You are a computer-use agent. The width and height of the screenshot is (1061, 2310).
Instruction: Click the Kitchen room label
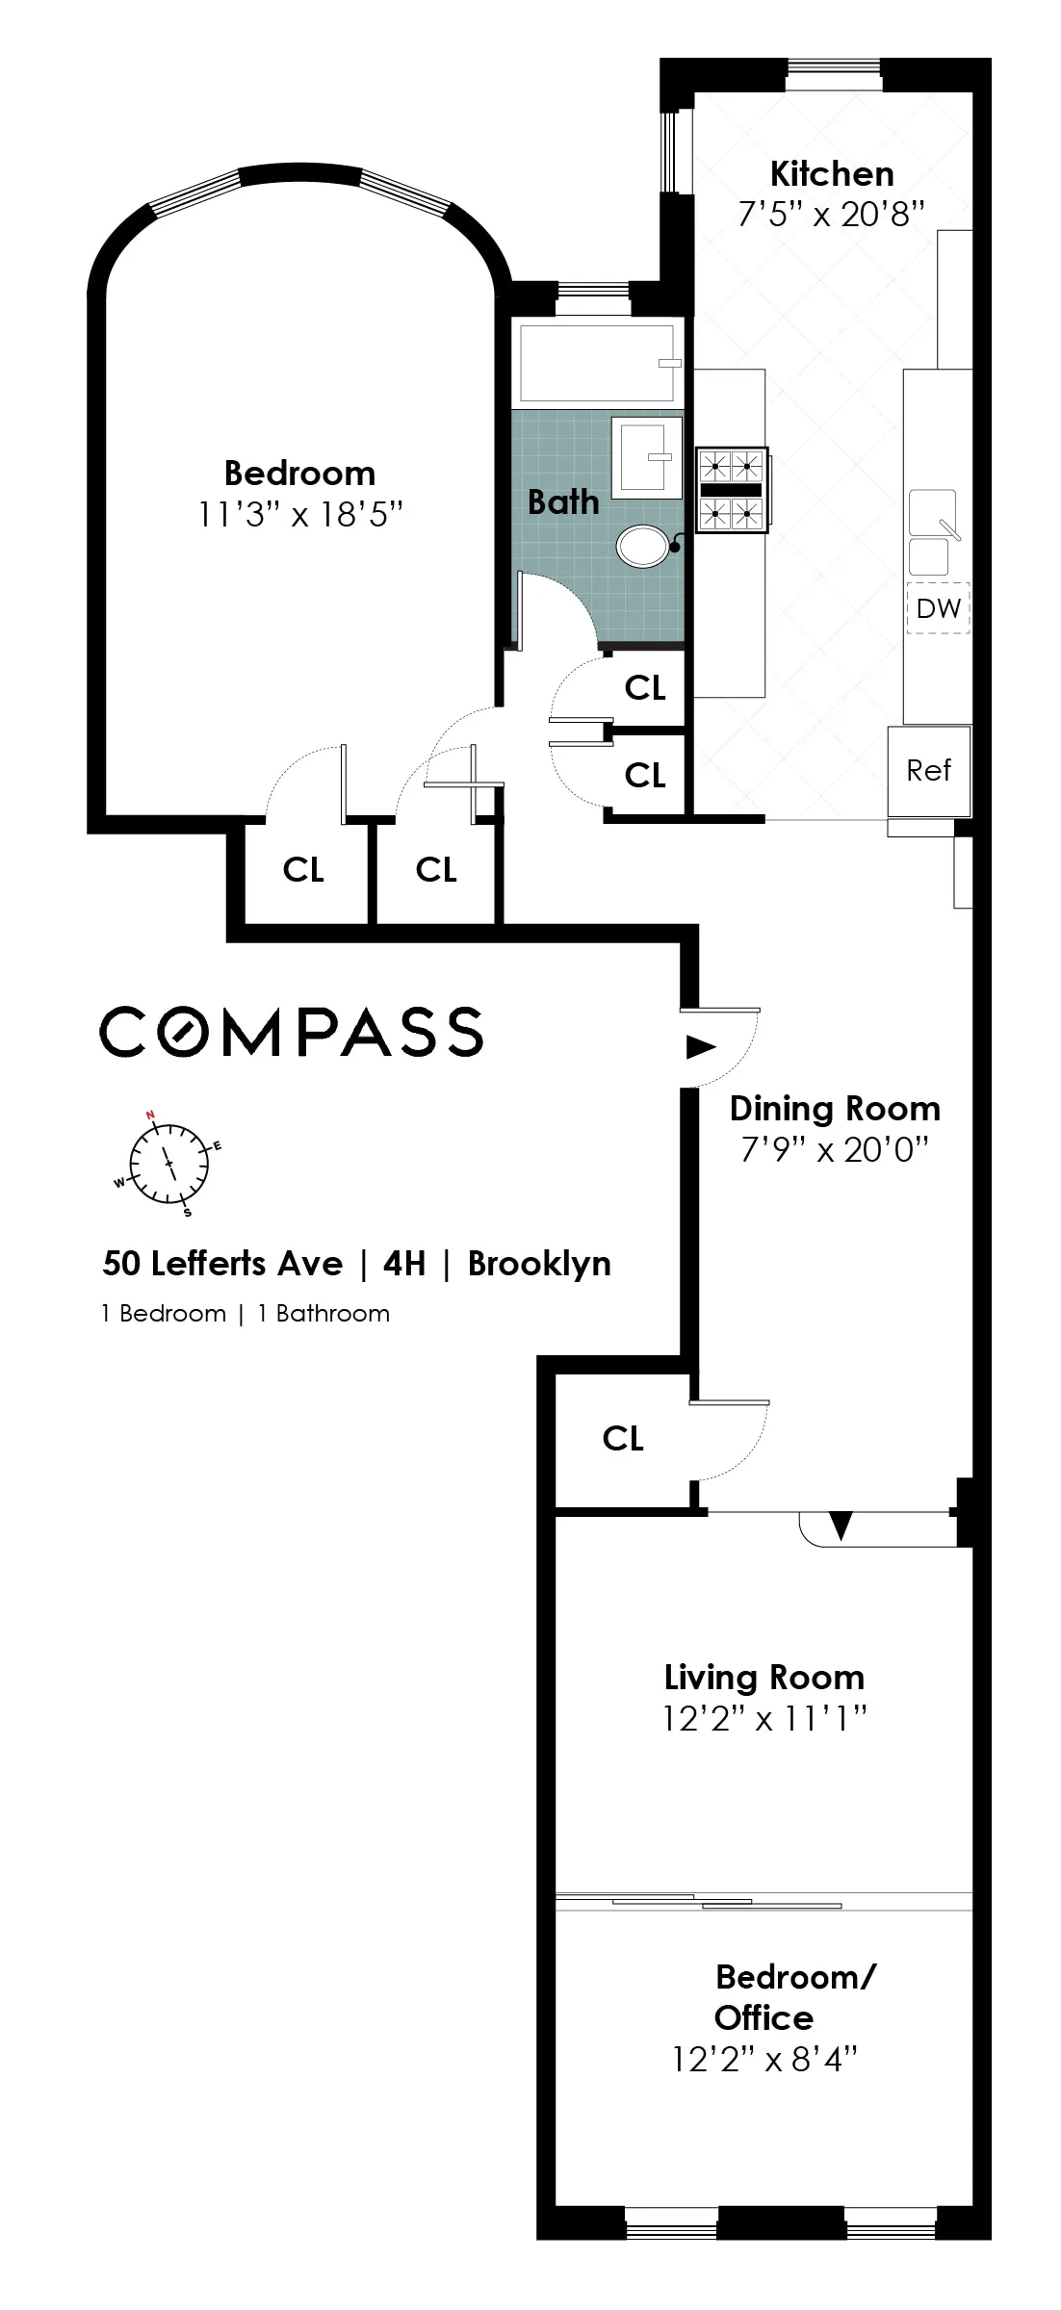832,174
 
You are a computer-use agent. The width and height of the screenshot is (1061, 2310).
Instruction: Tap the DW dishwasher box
938,608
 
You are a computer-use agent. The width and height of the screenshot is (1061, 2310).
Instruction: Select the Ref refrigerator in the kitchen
928,770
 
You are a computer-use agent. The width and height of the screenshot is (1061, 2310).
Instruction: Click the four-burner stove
731,490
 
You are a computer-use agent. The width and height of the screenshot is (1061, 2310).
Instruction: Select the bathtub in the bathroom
597,363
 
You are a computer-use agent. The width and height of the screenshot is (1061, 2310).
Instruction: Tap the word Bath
563,501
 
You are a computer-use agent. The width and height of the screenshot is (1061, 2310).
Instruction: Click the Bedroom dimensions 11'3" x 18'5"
299,515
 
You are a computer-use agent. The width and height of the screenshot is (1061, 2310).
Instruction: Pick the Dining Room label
835,1109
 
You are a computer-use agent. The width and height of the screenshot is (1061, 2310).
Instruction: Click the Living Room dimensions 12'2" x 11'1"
764,1718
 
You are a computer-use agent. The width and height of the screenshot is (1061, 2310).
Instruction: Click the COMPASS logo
291,1032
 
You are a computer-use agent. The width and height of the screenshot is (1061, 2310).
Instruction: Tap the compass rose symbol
169,1163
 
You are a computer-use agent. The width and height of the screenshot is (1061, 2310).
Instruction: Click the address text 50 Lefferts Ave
222,1264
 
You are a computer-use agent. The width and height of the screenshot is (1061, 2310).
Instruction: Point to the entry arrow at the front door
700,1046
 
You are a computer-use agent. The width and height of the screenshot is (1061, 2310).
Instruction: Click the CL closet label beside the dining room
622,1438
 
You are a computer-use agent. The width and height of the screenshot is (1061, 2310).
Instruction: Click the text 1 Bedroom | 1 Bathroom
246,1314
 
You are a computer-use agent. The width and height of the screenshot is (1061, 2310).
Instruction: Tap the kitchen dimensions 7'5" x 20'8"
831,214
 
